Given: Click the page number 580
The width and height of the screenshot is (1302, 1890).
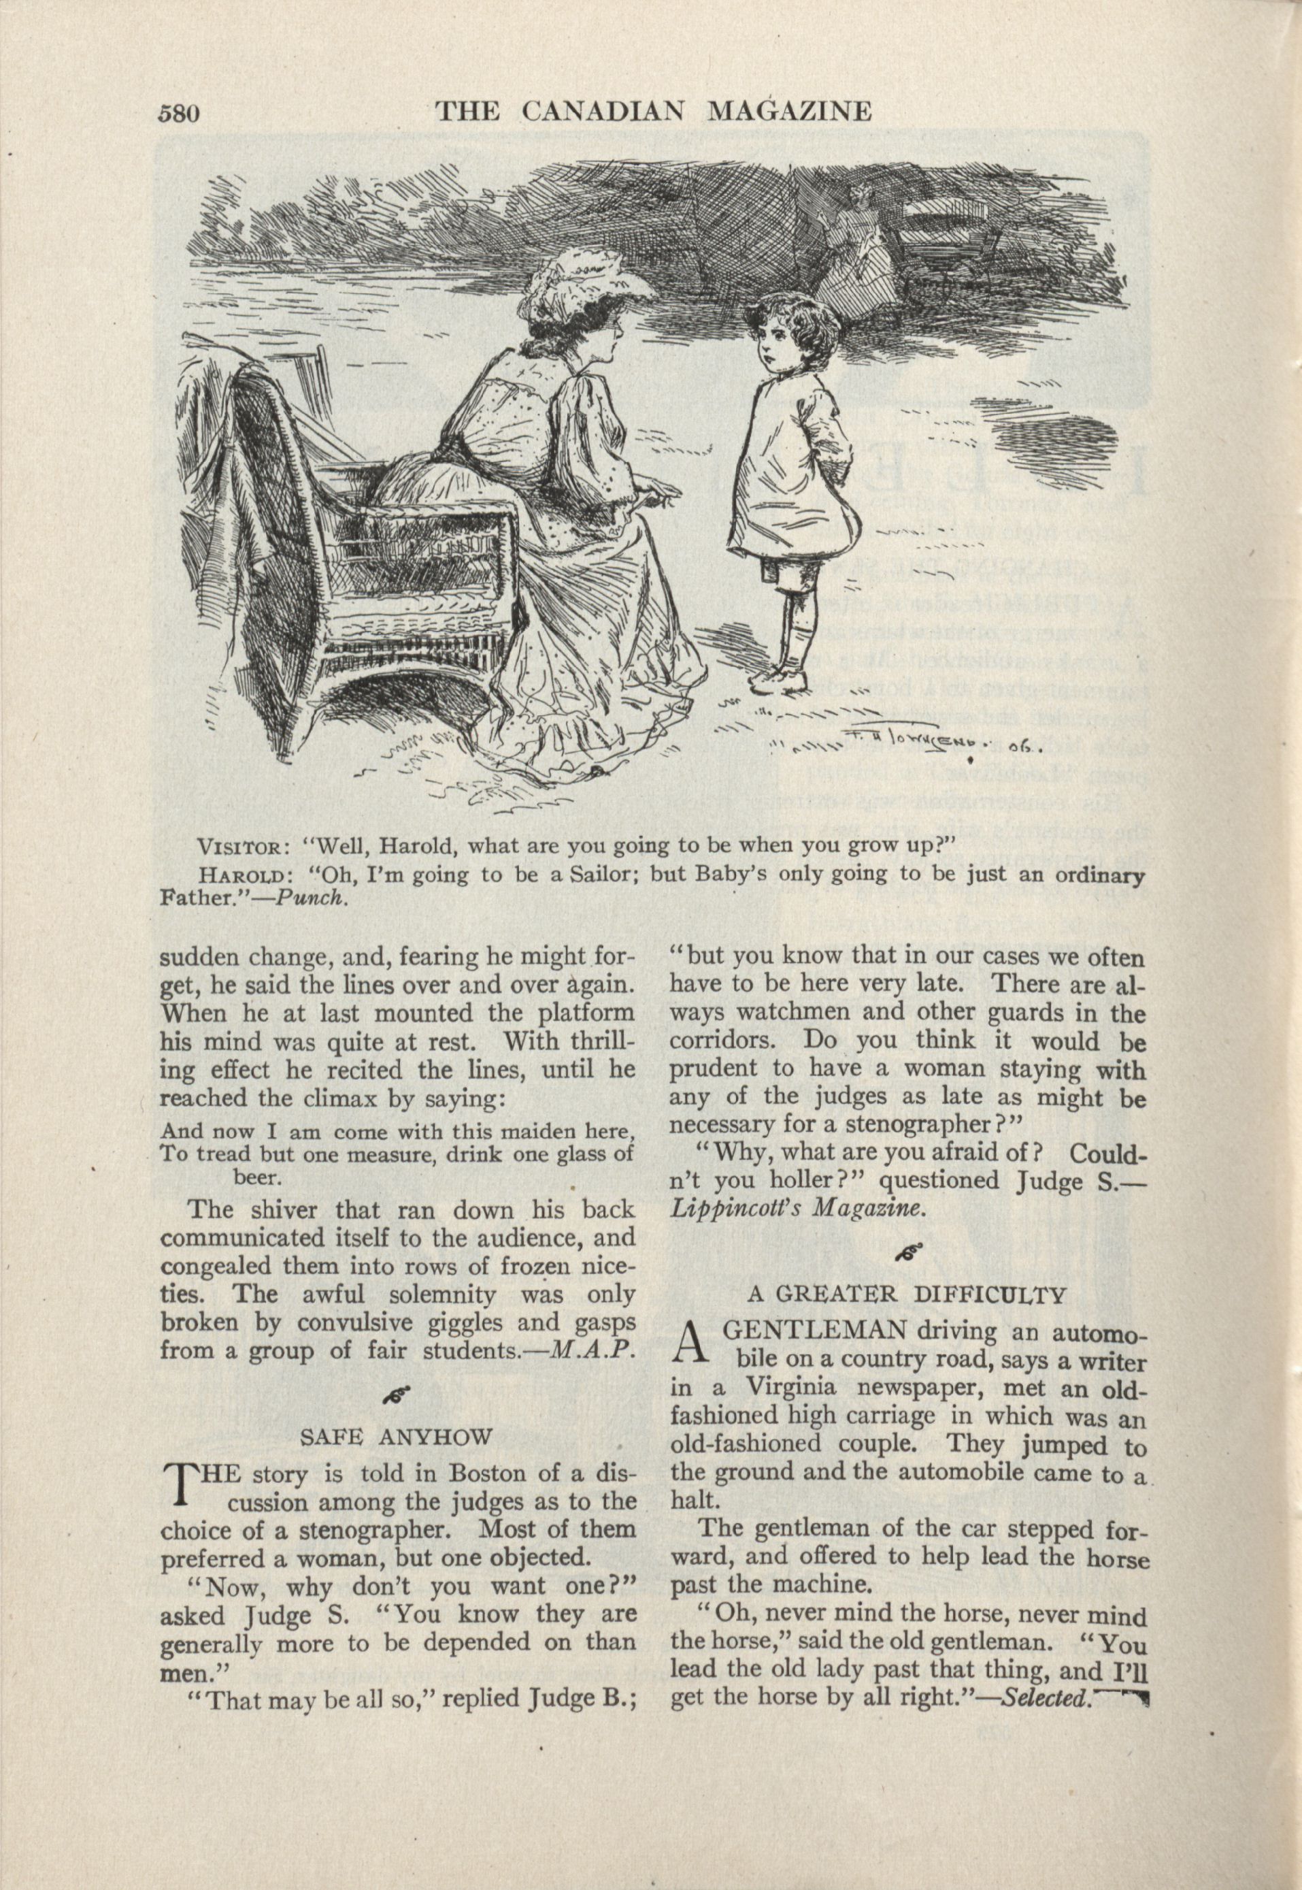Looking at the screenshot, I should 180,112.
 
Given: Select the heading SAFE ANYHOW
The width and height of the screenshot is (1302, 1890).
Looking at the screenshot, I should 397,1438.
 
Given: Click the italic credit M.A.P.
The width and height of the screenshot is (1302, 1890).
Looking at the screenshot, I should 592,1350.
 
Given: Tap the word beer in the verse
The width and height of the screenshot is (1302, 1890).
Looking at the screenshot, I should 258,1177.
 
